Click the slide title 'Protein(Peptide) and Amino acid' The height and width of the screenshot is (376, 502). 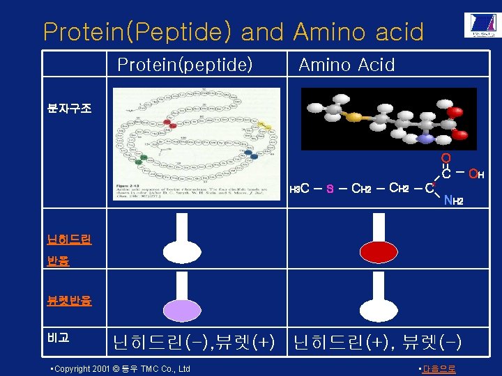point(233,31)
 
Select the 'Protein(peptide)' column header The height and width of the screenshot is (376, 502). point(185,65)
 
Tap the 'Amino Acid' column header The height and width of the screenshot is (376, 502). point(347,65)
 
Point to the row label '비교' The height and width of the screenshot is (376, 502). point(59,338)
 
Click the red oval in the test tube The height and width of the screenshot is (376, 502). point(379,251)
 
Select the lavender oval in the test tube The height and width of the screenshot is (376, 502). point(181,310)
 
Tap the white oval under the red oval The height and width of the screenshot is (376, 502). point(379,310)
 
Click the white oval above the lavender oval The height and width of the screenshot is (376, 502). point(181,251)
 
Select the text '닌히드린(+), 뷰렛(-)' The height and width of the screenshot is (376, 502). point(377,342)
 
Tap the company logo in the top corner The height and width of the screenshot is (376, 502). point(480,26)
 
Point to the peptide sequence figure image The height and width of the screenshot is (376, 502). point(197,143)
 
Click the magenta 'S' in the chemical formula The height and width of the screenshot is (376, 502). point(330,188)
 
